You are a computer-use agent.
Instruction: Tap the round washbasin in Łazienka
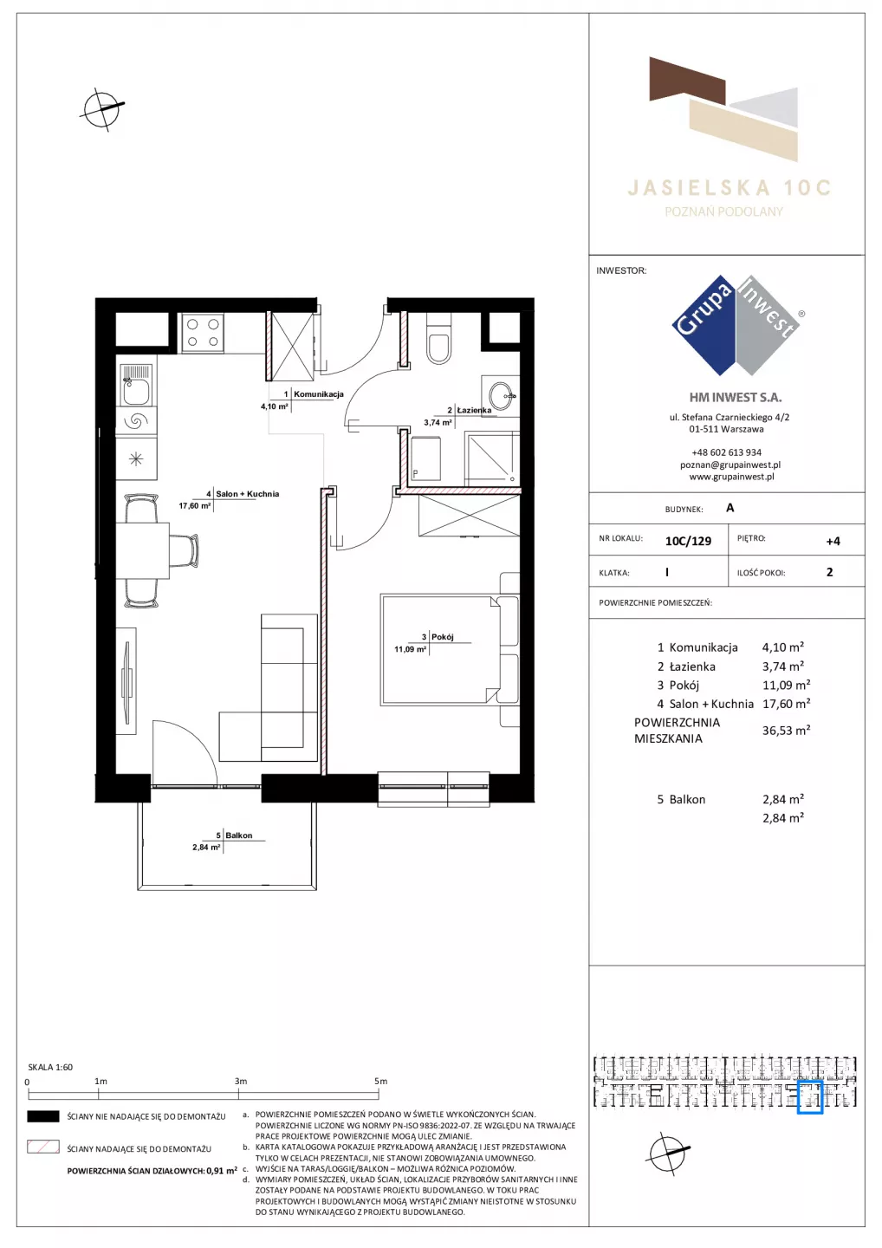pos(503,395)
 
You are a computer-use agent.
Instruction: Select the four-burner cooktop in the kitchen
pos(203,333)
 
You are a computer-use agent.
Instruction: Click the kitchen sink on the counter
pos(136,385)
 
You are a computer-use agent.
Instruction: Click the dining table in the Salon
pos(142,550)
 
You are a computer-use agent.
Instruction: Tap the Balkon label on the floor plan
pos(239,835)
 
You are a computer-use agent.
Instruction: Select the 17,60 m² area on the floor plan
pos(194,506)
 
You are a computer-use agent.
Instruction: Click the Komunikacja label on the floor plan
pos(319,393)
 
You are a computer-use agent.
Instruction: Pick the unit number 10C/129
pos(688,541)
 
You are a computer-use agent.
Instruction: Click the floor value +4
pos(833,541)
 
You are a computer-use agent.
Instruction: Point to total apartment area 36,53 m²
pos(786,731)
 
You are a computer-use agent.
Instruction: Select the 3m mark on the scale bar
pos(240,1081)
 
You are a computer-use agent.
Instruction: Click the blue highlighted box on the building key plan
pos(809,1097)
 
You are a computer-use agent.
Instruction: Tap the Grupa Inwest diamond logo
pos(736,325)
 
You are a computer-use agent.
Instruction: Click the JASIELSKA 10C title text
pos(730,188)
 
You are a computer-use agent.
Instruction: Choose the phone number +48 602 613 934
pos(727,452)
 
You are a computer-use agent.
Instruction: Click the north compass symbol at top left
pos(102,109)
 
